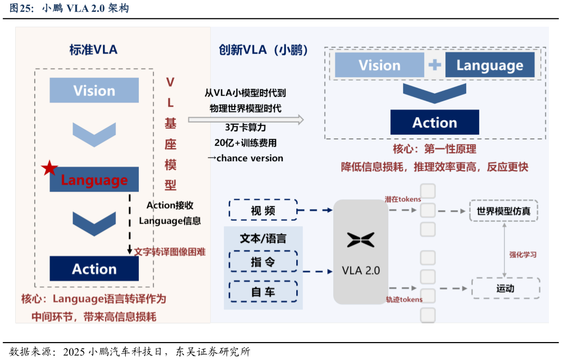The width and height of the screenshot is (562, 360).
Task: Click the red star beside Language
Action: pyautogui.click(x=50, y=168)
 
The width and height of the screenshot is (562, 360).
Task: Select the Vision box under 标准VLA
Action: pyautogui.click(x=94, y=90)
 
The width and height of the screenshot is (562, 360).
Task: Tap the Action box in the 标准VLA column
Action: pyautogui.click(x=94, y=269)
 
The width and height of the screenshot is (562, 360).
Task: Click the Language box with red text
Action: pyautogui.click(x=94, y=180)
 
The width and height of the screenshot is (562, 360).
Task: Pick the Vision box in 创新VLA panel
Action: pyautogui.click(x=379, y=65)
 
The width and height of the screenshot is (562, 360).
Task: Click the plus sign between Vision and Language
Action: pyautogui.click(x=435, y=65)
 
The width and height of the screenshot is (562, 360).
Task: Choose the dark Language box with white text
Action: pyautogui.click(x=490, y=65)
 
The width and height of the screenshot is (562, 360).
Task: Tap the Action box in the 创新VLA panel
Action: pyautogui.click(x=435, y=123)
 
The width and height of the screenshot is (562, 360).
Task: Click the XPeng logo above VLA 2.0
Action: pyautogui.click(x=361, y=240)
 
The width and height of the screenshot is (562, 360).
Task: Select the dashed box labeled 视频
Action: pyautogui.click(x=263, y=210)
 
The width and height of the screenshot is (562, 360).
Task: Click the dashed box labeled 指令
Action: pyautogui.click(x=263, y=261)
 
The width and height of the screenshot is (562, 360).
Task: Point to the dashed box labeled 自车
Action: pyautogui.click(x=263, y=292)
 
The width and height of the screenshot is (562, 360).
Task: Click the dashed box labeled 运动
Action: pyautogui.click(x=505, y=288)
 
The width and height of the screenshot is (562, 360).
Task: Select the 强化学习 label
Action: pyautogui.click(x=523, y=254)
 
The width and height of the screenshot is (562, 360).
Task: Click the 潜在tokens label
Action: pyautogui.click(x=403, y=199)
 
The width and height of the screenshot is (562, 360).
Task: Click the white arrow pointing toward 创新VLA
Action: pyautogui.click(x=246, y=120)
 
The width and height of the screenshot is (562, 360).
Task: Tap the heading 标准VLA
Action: pyautogui.click(x=93, y=50)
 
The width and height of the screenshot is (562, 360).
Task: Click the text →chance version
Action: pyautogui.click(x=245, y=158)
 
